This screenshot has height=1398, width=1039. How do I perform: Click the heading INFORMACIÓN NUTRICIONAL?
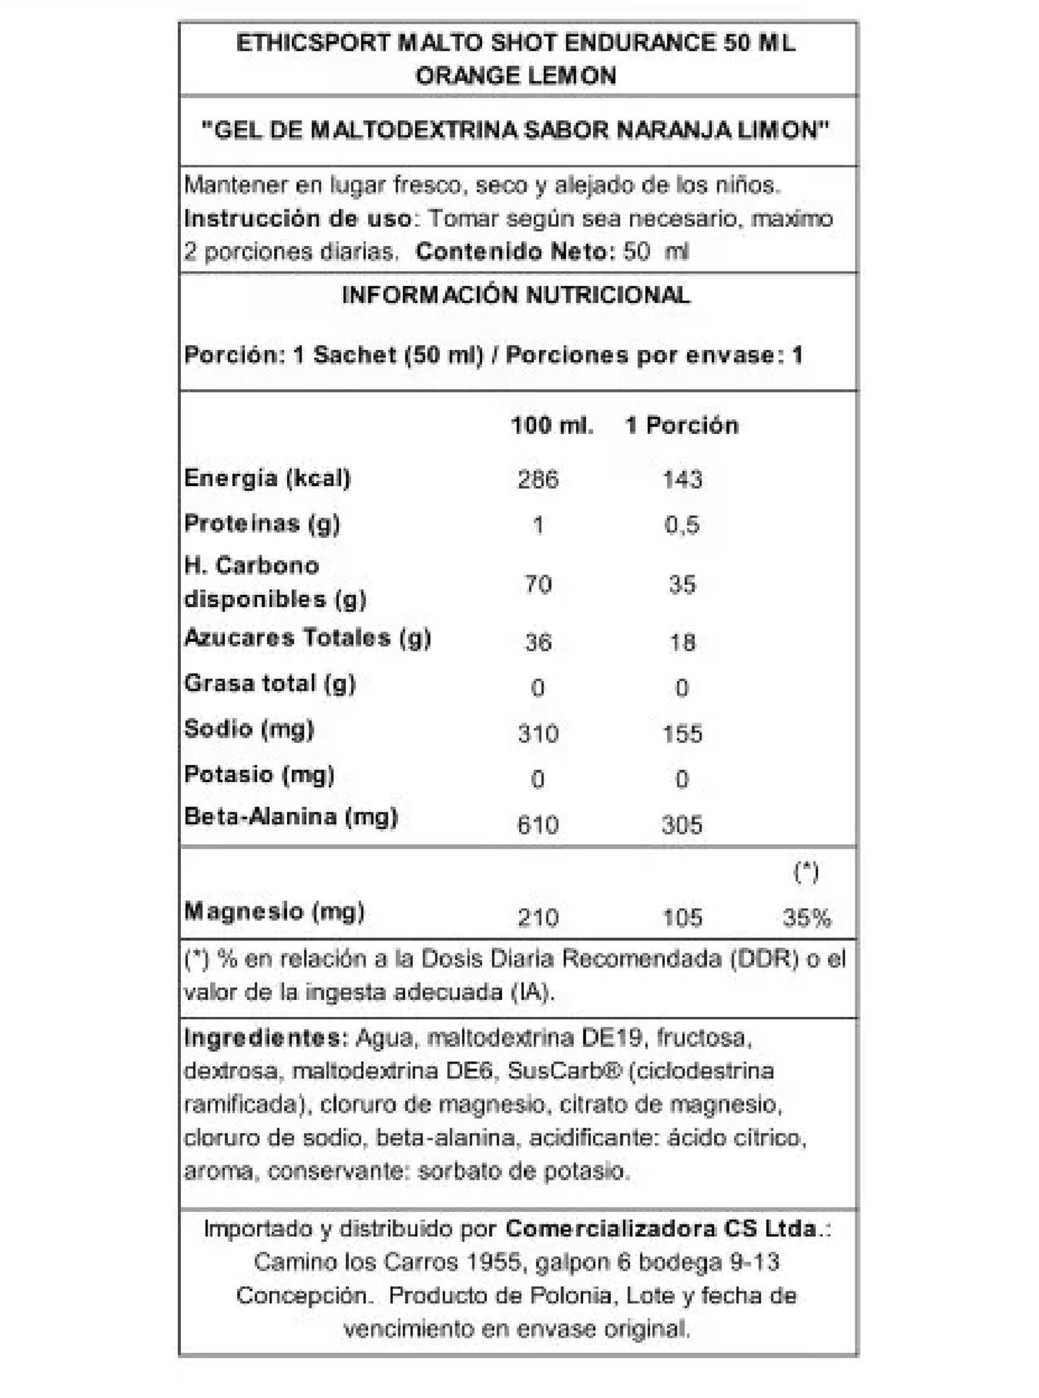coord(516,295)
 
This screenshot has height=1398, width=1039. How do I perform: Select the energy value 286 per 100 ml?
coord(538,479)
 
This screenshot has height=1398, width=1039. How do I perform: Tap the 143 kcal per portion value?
coord(682,479)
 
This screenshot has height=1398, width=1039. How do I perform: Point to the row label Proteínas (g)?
coord(262,524)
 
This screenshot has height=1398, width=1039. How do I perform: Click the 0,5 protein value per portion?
coord(682,525)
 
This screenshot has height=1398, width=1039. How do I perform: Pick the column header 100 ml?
coord(552,425)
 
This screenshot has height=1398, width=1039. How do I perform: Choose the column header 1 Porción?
coord(682,425)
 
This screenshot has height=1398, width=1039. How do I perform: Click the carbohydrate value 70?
coord(538,585)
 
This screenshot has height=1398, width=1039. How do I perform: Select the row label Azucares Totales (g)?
coord(308,638)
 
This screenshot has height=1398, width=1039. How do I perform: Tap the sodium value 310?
coord(538,733)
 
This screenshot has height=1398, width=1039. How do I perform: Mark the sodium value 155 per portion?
coord(682,733)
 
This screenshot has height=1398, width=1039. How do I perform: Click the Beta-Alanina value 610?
coord(538,824)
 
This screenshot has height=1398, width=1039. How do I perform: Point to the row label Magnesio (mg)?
coord(274,911)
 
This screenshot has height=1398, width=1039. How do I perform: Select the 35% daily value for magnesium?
coord(806,919)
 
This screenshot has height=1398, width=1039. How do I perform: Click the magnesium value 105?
coord(682,919)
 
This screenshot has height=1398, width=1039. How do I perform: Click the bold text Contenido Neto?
coord(515,252)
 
